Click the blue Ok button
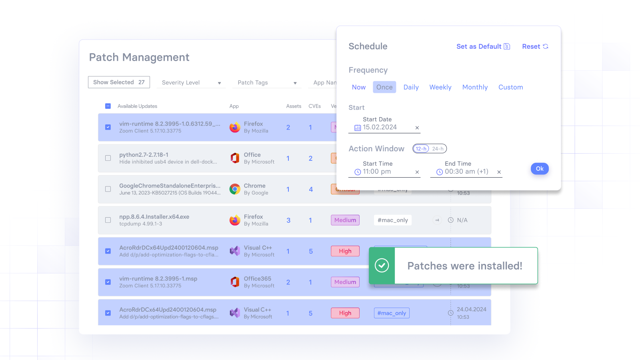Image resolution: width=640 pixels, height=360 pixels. coord(540,169)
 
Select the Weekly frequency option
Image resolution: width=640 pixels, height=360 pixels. coord(440,87)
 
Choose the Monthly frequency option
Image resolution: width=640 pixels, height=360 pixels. coord(475,87)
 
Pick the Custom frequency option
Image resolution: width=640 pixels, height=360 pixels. coord(510,87)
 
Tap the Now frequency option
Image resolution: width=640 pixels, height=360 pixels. coord(359,87)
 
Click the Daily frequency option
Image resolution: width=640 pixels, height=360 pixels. coord(411,87)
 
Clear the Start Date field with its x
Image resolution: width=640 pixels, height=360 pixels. coord(417,128)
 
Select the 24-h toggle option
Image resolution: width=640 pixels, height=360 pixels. coord(438,149)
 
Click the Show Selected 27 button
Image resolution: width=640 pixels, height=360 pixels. coord(119,82)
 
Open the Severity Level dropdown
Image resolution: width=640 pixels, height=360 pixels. coord(191,83)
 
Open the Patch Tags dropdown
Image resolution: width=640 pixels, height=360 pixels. coord(267,83)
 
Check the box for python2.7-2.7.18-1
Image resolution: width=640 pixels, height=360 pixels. coord(108,158)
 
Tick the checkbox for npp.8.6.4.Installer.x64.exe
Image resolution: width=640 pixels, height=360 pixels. coord(108,220)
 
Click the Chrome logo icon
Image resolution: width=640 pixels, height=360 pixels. coord(235,189)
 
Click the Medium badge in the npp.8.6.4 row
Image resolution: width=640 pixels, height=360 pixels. coord(345,220)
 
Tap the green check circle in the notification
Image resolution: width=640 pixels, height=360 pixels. coord(382,266)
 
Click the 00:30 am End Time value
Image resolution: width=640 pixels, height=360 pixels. coord(466,172)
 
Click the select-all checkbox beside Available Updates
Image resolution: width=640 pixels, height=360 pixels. coord(108,106)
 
